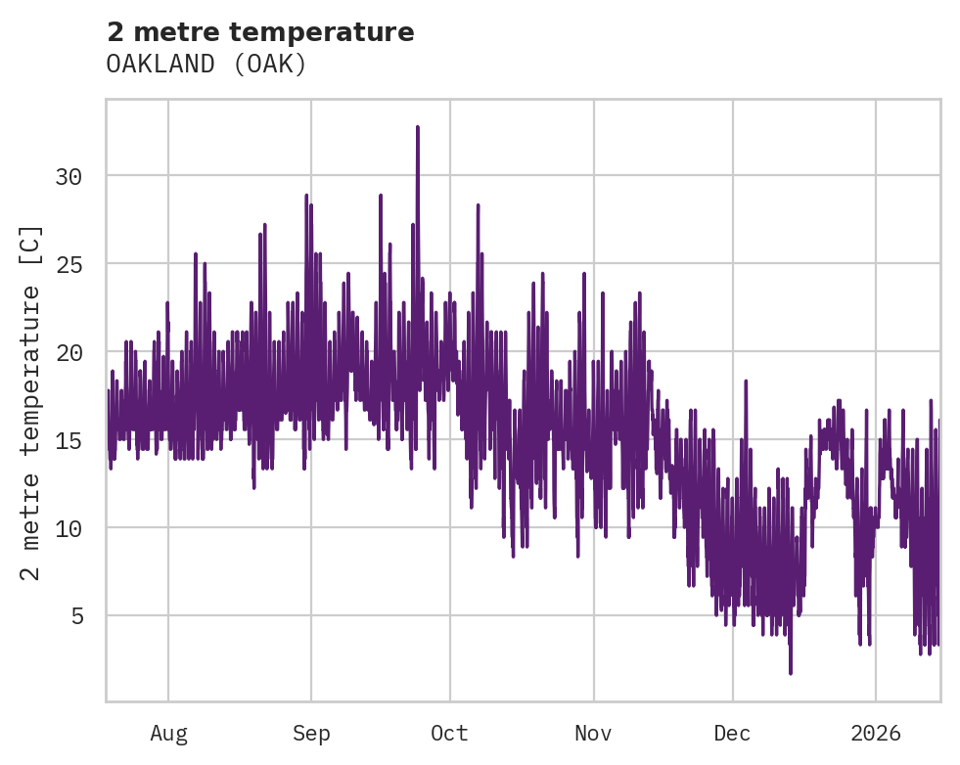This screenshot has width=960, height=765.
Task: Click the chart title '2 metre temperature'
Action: (260, 32)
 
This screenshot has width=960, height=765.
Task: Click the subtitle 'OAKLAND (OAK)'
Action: (206, 65)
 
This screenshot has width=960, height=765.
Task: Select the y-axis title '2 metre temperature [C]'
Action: (31, 402)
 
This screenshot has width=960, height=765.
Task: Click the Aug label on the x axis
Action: (168, 734)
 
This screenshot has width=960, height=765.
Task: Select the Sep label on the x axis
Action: (311, 734)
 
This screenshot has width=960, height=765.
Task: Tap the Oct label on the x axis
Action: (450, 734)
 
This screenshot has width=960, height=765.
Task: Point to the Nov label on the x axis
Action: (593, 734)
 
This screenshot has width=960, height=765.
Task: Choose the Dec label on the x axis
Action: (732, 734)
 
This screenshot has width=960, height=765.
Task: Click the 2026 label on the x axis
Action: (875, 734)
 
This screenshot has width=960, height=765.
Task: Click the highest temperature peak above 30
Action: (418, 127)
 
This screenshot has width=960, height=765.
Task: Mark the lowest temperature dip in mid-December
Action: (790, 671)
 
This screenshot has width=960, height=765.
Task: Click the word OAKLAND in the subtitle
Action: (162, 65)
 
